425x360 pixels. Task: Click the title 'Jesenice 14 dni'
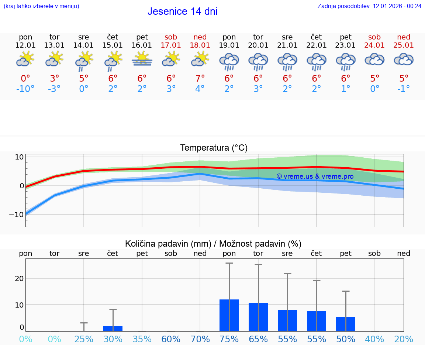[x=182, y=11]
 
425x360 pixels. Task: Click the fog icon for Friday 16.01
[x=142, y=59]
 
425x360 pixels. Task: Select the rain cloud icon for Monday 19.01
[x=229, y=61]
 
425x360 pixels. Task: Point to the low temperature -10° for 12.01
[x=25, y=89]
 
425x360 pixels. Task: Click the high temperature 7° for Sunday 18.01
[x=200, y=79]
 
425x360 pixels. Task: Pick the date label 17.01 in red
[x=171, y=45]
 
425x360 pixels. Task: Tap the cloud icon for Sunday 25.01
[x=404, y=59]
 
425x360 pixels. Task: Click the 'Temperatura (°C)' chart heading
[x=214, y=148]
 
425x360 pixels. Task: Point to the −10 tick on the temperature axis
[x=16, y=215]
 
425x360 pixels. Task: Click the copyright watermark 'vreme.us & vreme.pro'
[x=315, y=176]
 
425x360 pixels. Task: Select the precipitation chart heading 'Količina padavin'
[x=213, y=244]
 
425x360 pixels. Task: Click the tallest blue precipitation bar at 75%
[x=229, y=315]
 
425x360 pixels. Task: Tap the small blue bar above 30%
[x=113, y=328]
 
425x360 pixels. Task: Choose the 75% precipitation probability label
[x=229, y=339]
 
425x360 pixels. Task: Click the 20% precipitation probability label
[x=404, y=339]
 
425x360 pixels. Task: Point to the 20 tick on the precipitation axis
[x=19, y=278]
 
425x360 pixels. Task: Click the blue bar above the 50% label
[x=346, y=324]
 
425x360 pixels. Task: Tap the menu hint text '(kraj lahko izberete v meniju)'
[x=41, y=6]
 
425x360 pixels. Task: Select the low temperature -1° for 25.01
[x=404, y=89]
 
